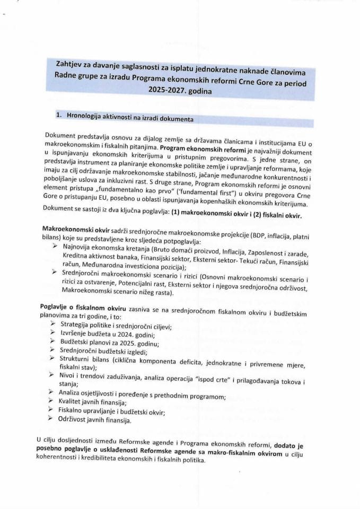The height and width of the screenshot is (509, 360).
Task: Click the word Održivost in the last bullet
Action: click(x=74, y=419)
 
